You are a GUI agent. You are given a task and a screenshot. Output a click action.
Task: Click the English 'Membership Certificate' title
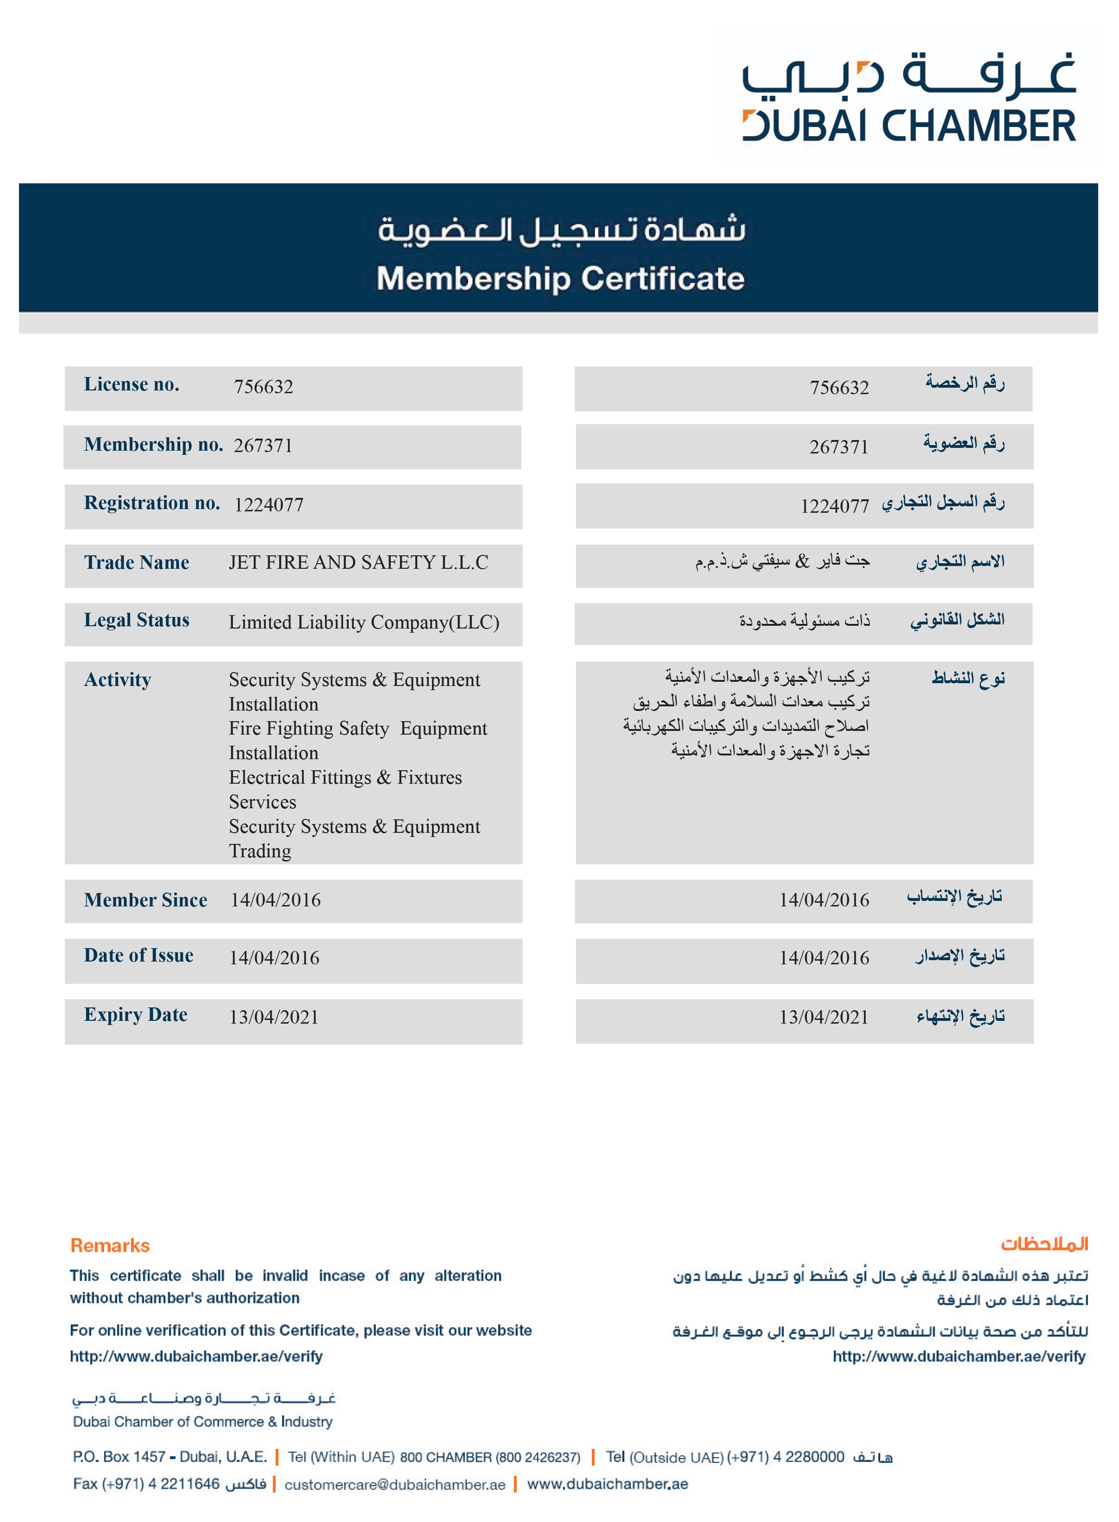pos(560,278)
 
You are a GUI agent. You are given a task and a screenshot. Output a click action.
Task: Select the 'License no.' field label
pos(131,384)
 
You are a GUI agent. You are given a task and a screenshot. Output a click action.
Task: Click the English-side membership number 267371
pos(263,445)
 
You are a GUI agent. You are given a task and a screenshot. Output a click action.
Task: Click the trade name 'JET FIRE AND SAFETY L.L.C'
pos(358,562)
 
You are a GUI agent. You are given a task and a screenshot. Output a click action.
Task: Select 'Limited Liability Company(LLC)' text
pos(364,622)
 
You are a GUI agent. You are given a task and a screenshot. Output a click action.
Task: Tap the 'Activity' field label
pos(117,679)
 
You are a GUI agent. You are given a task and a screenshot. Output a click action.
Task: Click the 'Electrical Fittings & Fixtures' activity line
pos(345,777)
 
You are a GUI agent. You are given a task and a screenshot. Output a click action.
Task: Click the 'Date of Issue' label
pos(138,956)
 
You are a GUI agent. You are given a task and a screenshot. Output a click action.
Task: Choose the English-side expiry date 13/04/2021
pos(274,1017)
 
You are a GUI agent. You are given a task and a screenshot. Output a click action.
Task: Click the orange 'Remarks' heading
pos(110,1245)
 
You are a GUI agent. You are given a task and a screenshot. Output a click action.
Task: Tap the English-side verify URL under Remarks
pos(196,1356)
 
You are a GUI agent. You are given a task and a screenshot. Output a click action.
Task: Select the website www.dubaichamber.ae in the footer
pos(607,1484)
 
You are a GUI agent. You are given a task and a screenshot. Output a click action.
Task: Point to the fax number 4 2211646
pos(183,1484)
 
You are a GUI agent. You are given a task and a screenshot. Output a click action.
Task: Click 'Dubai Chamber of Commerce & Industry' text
pos(202,1421)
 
